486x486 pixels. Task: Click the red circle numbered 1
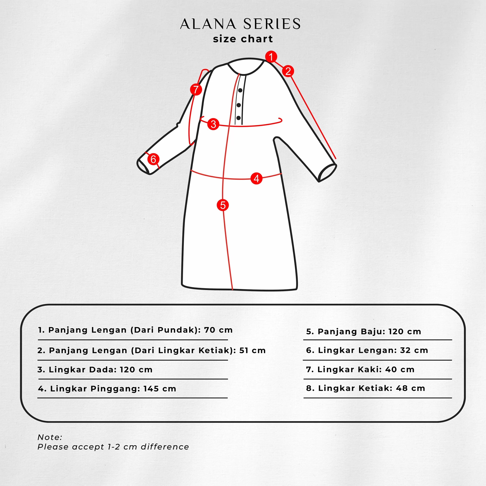[x=271, y=57]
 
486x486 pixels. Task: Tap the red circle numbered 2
[x=288, y=71]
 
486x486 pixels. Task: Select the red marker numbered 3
[x=213, y=124]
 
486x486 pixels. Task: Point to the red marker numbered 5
[x=223, y=205]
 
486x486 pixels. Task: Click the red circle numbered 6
[x=153, y=159]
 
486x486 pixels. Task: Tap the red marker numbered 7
[x=196, y=89]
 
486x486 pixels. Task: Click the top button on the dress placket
[x=240, y=90]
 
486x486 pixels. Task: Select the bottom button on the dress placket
[x=238, y=118]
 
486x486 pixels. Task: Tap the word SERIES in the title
[x=272, y=24]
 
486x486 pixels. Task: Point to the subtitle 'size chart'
[x=243, y=39]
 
